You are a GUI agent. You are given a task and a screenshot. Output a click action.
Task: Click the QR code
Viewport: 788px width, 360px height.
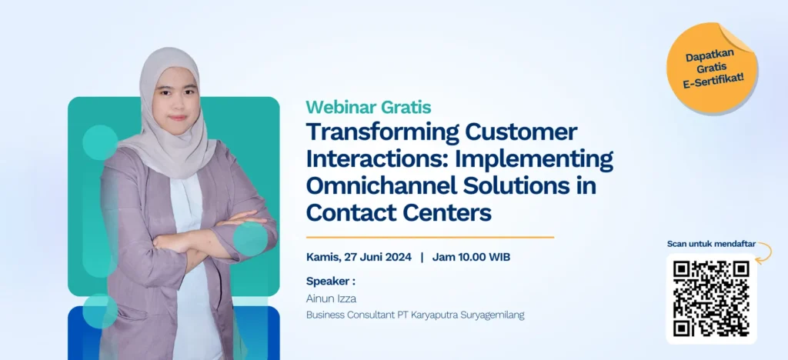pos(711,298)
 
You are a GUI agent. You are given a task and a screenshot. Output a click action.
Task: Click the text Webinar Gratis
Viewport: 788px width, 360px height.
pos(368,107)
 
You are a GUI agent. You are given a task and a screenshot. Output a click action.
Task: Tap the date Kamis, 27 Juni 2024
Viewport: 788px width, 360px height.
pos(359,257)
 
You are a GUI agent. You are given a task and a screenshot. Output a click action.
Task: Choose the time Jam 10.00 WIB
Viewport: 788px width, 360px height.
pos(472,257)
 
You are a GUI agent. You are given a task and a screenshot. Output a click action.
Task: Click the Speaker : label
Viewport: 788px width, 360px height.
pos(330,281)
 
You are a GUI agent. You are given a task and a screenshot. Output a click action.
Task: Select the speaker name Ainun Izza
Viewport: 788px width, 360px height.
pos(332,298)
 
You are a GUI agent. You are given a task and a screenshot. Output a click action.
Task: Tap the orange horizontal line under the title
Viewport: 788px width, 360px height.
pos(429,237)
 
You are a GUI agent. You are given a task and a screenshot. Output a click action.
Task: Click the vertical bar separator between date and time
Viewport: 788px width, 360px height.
pos(422,257)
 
